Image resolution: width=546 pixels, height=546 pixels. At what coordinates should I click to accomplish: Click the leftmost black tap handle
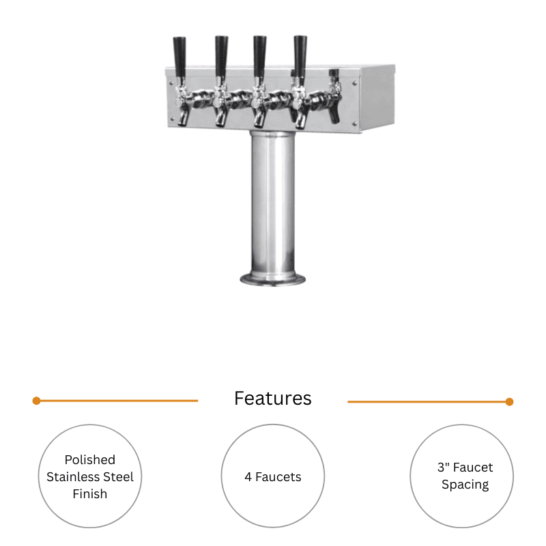click(x=179, y=57)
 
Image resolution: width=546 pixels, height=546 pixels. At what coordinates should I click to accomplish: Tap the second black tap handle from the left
click(x=221, y=57)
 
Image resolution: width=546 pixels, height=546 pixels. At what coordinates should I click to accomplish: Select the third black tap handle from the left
click(x=260, y=57)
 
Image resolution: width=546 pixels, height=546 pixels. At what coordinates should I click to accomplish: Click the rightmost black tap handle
click(x=300, y=57)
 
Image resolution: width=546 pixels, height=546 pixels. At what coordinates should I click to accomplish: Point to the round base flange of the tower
click(x=272, y=279)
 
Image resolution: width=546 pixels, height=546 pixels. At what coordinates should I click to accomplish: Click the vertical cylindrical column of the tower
click(x=272, y=203)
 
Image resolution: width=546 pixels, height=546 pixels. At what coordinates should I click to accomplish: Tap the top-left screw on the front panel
click(x=171, y=83)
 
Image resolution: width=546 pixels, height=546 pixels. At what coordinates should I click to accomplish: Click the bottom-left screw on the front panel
click(x=172, y=119)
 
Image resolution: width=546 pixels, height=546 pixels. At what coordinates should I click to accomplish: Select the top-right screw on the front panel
click(x=354, y=83)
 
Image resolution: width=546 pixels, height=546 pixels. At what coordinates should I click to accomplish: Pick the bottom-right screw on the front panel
click(x=354, y=124)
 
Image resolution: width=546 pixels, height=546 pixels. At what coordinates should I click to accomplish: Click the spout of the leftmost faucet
click(x=183, y=117)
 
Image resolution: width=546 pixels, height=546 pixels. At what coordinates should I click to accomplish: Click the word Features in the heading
click(x=272, y=399)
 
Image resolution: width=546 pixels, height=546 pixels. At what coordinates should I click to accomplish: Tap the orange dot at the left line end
click(x=37, y=401)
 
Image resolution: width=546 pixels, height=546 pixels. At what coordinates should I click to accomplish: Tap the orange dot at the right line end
click(x=509, y=402)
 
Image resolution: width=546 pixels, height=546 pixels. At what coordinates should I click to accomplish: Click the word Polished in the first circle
click(x=90, y=459)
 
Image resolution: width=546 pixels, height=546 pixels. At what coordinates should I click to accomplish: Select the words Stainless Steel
click(x=90, y=476)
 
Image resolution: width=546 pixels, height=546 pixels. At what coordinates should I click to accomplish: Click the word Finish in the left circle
click(x=90, y=493)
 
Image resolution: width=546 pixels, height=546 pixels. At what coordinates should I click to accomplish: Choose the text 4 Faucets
click(x=272, y=476)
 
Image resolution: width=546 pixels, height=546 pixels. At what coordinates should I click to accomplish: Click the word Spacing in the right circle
click(x=465, y=485)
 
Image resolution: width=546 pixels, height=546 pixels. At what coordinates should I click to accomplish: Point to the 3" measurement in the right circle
click(x=442, y=467)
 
